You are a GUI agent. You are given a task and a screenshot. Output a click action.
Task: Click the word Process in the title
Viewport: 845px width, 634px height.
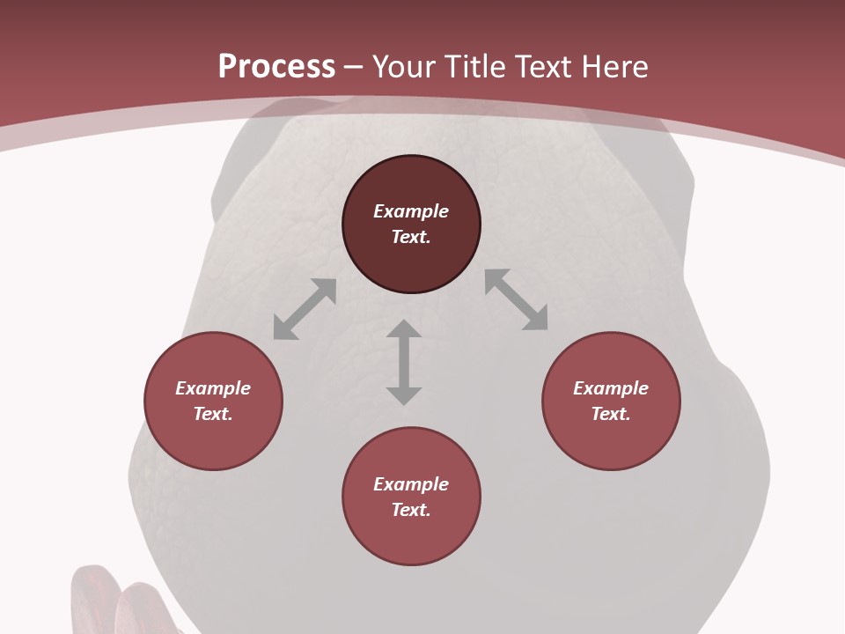pyautogui.click(x=276, y=67)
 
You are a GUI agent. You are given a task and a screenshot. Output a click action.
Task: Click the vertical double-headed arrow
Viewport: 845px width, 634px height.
pyautogui.click(x=404, y=362)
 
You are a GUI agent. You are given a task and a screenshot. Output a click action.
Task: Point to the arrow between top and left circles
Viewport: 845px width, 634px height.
pyautogui.click(x=305, y=309)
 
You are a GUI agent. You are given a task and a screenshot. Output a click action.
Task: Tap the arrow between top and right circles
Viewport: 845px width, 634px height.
pyautogui.click(x=516, y=299)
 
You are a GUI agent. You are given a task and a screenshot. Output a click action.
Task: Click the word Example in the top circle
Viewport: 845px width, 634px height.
pyautogui.click(x=411, y=211)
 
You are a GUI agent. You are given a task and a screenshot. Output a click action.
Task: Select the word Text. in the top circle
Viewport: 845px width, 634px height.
pyautogui.click(x=411, y=237)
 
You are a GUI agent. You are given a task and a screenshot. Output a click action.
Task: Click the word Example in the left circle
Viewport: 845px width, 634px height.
pyautogui.click(x=213, y=388)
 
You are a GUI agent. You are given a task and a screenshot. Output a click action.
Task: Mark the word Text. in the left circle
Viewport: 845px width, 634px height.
pyautogui.click(x=213, y=414)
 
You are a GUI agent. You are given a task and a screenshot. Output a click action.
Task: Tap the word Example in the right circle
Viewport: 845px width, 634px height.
pyautogui.click(x=611, y=388)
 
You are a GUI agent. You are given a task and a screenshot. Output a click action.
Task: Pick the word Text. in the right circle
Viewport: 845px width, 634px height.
pyautogui.click(x=611, y=414)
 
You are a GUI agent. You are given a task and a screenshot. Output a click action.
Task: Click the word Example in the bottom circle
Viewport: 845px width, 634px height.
pyautogui.click(x=411, y=484)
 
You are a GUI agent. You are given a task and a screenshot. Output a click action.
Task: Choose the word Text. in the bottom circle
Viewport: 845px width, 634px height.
pyautogui.click(x=411, y=510)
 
